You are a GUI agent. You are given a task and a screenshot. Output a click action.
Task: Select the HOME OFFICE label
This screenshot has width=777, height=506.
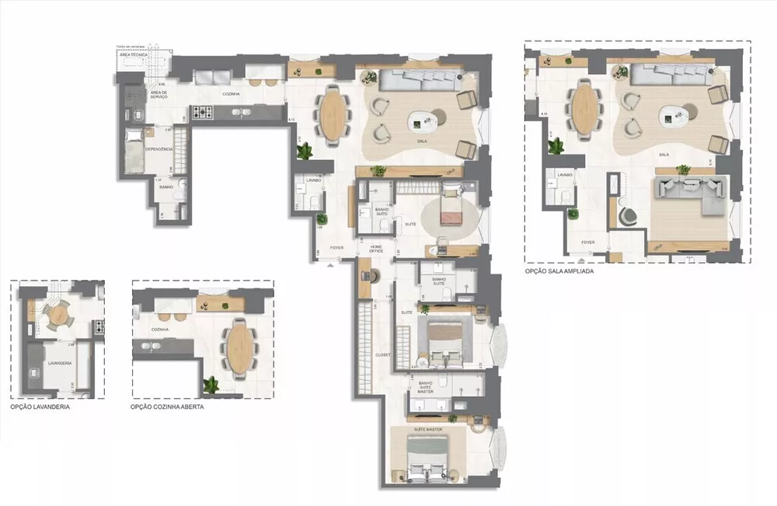[x=377, y=250]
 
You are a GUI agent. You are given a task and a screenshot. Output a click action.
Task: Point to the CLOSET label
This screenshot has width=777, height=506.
[x=383, y=354]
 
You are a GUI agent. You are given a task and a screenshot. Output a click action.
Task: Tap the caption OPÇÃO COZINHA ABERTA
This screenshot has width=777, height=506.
[x=167, y=407]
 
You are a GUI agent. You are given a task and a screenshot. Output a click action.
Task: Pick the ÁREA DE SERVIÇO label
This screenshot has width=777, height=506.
[x=159, y=94]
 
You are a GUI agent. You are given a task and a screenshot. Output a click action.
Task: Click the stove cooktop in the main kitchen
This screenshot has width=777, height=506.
[x=204, y=113]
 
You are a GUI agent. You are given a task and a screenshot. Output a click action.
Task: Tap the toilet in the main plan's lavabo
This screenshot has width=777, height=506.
[x=312, y=202]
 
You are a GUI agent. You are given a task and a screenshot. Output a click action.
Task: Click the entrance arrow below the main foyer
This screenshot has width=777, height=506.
[x=331, y=265]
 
